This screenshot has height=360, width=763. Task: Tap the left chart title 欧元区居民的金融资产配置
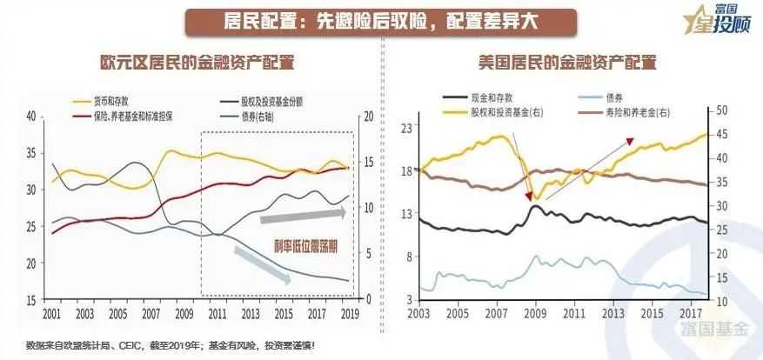(x=196, y=63)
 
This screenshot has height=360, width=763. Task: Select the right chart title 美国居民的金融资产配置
(x=566, y=63)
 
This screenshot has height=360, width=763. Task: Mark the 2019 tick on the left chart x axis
(x=349, y=313)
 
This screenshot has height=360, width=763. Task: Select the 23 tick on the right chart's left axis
(x=404, y=127)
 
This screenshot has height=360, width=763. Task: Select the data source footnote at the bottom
(x=171, y=345)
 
